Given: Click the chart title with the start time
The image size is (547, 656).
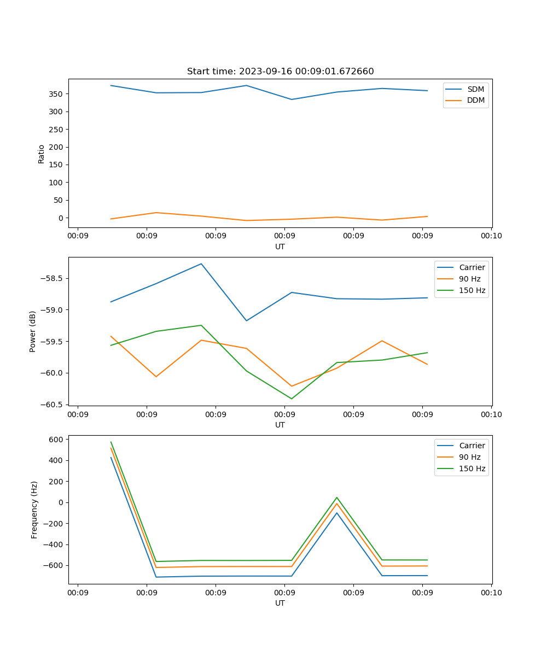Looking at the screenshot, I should point(280,71).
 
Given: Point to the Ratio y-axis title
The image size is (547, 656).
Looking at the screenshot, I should point(42,154).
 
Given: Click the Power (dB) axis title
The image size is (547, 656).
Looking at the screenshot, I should point(33,331).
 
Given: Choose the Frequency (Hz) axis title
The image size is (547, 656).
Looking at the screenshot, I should point(34,509).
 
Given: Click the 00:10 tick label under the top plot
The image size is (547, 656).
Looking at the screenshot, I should point(491,236).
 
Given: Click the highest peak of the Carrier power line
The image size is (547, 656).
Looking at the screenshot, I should point(201,263).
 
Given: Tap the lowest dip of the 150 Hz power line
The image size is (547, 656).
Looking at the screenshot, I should point(292,399).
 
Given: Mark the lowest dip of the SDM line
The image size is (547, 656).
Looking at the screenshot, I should point(292,99).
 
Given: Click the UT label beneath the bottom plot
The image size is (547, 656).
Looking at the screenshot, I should point(280,603).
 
